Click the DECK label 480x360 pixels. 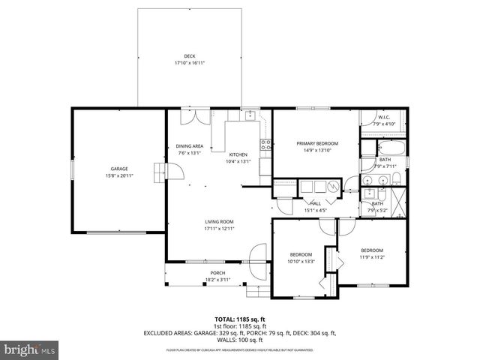click(x=189, y=56)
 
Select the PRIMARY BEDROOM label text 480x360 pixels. click(x=317, y=143)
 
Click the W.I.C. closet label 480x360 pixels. click(x=383, y=117)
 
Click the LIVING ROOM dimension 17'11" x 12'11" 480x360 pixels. click(x=220, y=229)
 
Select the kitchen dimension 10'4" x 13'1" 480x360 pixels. click(x=238, y=161)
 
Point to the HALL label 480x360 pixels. click(x=316, y=203)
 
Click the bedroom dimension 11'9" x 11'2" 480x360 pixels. click(x=371, y=257)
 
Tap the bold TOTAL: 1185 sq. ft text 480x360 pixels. click(x=240, y=319)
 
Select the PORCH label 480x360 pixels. click(x=217, y=273)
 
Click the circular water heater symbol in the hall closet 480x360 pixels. click(x=333, y=187)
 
